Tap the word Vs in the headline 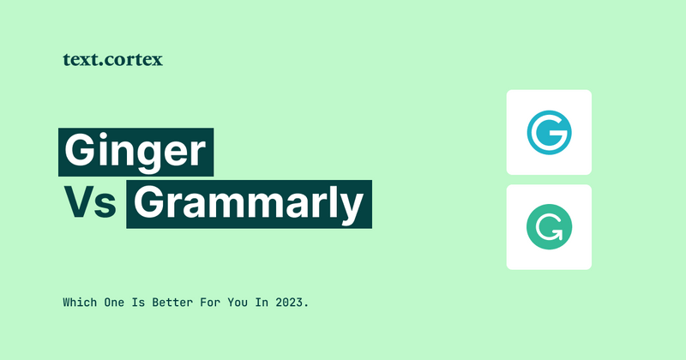[89, 204]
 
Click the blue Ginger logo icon [549, 133]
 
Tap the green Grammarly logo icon [549, 227]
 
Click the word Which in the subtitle [79, 303]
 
